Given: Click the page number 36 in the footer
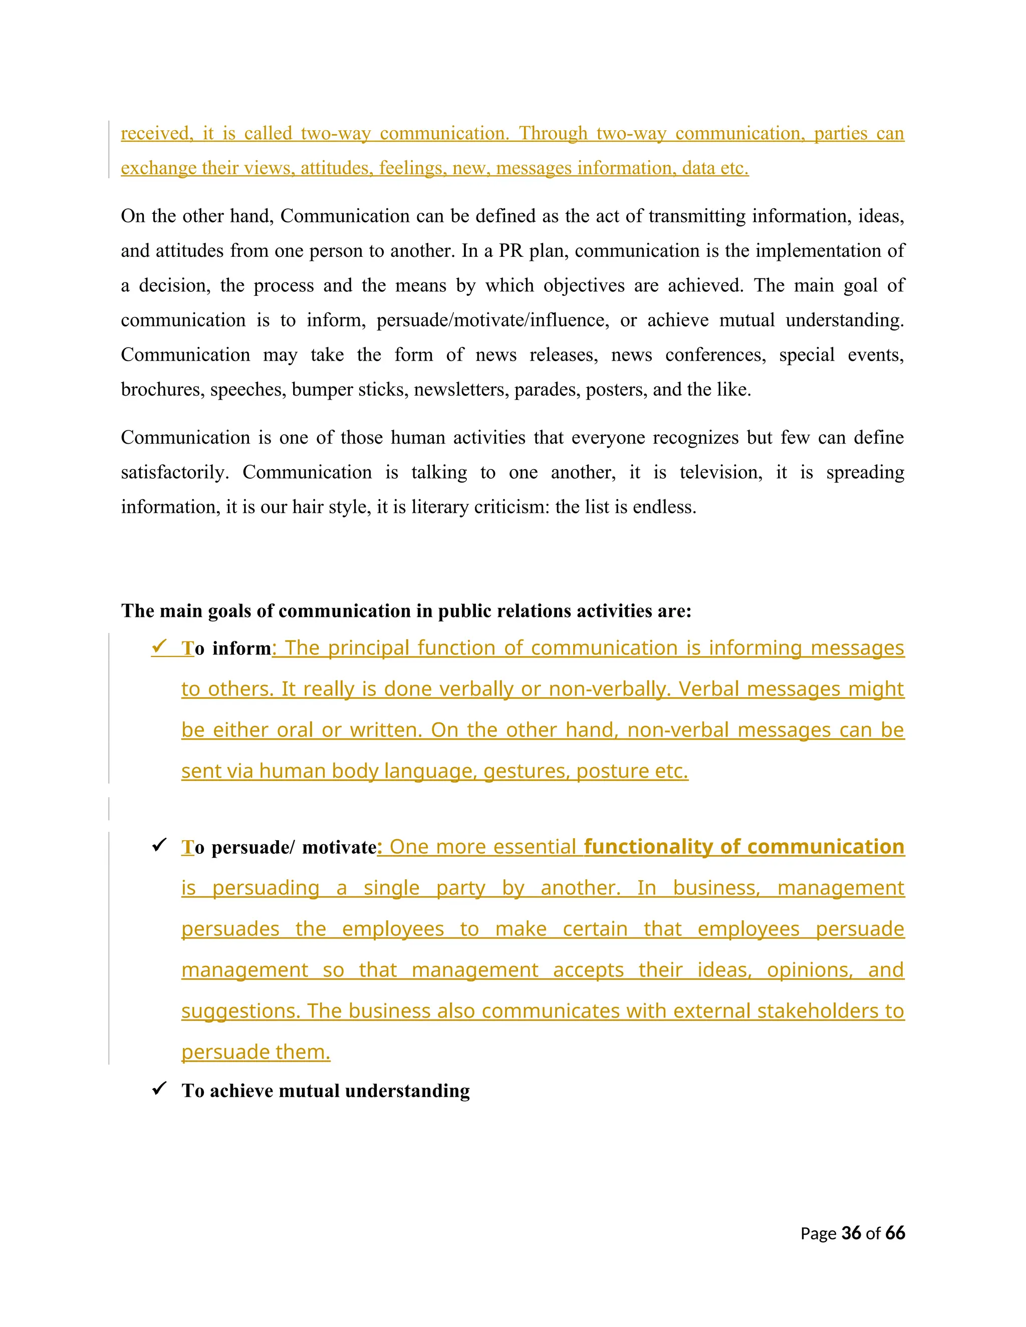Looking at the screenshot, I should pos(851,1233).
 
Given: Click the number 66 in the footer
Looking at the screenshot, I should pos(895,1233).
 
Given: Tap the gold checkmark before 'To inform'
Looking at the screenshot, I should pos(160,647).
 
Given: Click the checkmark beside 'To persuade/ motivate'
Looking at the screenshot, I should pos(159,845).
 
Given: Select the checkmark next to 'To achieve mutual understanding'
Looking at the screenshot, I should pos(159,1088).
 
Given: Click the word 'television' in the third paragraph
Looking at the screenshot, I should pos(720,472).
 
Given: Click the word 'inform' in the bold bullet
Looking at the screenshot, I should pos(241,649).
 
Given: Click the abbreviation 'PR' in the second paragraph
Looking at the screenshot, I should pos(510,251).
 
